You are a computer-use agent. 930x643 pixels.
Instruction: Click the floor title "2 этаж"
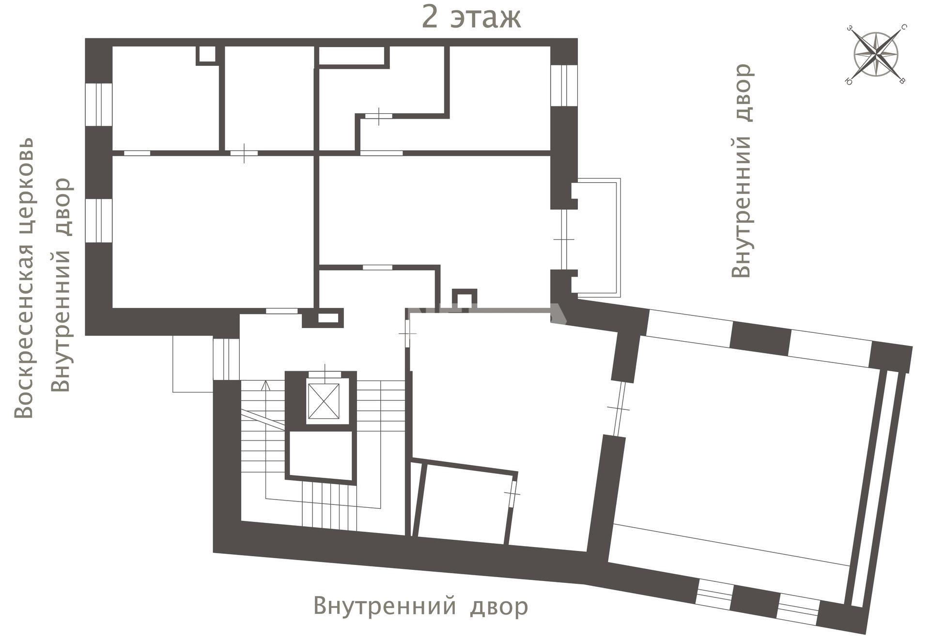tap(471, 17)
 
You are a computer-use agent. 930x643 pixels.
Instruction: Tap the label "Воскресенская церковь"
tap(24, 278)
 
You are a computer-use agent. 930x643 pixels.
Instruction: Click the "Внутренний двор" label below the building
tap(420, 606)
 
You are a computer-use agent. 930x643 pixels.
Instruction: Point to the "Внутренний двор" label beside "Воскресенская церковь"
tap(62, 285)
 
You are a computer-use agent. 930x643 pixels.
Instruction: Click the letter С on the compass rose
tap(904, 27)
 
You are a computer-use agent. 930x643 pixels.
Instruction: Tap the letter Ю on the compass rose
tap(849, 81)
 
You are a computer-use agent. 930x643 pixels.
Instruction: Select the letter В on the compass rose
tap(902, 81)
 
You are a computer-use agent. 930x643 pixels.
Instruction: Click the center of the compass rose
tap(876, 54)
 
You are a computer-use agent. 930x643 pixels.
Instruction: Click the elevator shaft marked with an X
tap(324, 401)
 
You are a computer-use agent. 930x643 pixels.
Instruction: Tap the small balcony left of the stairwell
tap(193, 363)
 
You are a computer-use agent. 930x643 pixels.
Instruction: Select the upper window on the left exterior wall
tap(99, 105)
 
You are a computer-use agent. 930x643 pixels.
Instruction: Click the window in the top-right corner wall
tap(564, 85)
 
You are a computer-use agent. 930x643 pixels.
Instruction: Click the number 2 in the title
tap(431, 17)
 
